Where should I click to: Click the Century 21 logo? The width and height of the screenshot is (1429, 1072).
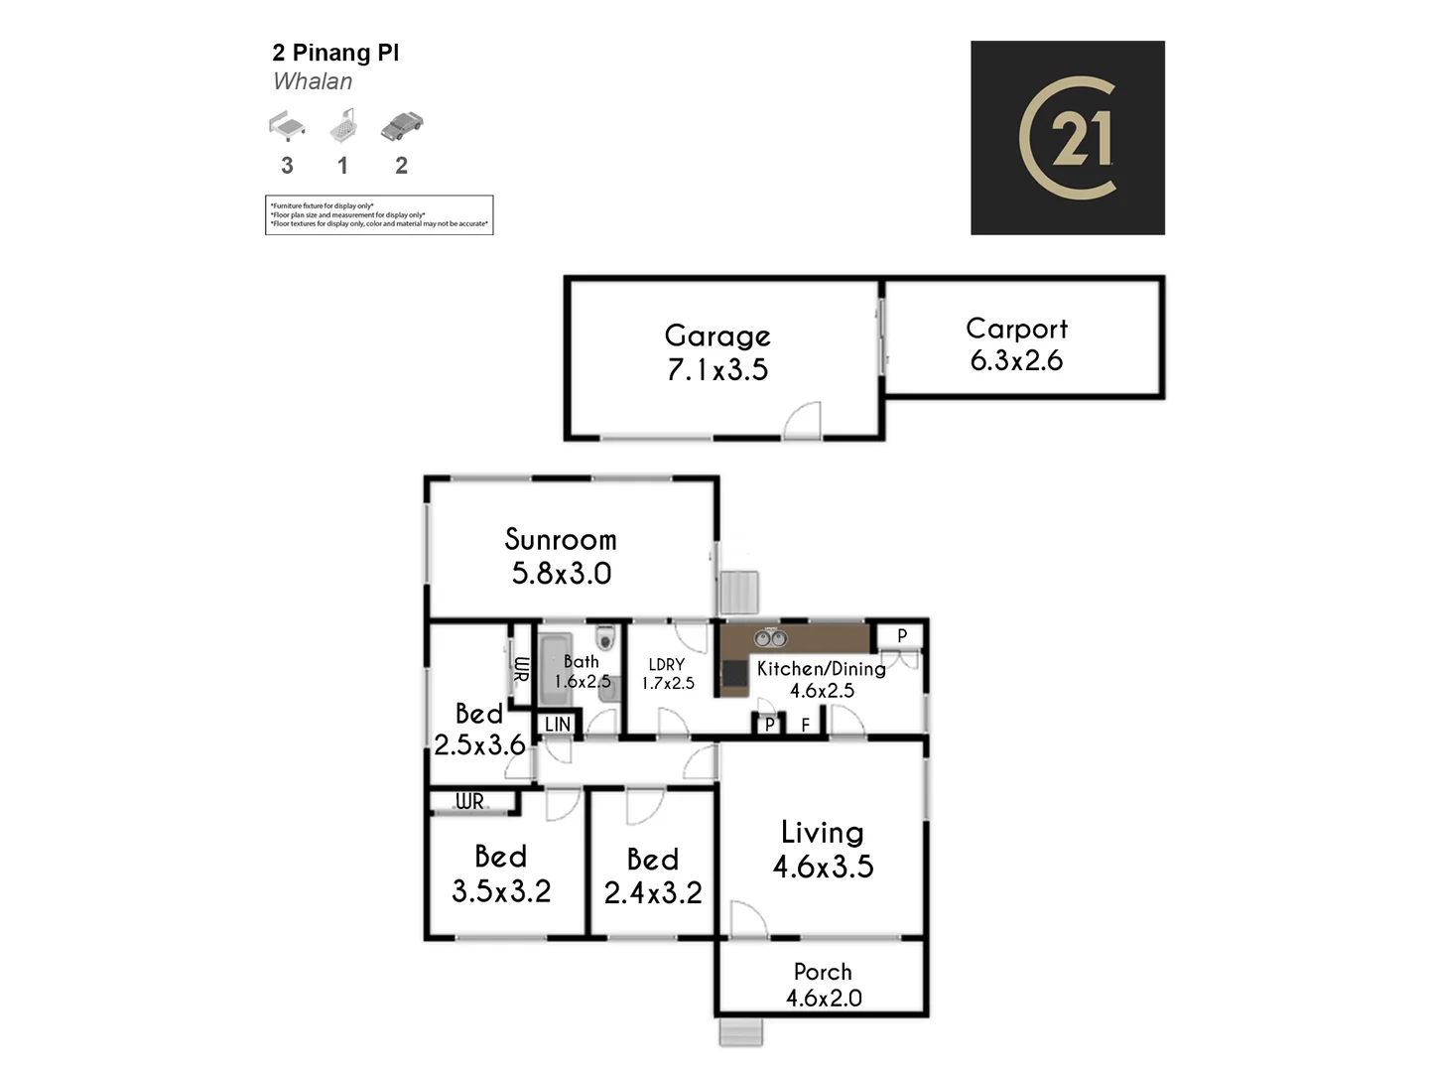point(1067,138)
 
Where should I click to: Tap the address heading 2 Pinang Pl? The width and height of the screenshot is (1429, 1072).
point(335,54)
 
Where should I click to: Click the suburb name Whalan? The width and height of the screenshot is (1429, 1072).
point(313,82)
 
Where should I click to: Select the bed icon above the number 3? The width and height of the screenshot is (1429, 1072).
point(287,127)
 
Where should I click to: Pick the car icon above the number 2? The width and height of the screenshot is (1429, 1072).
point(401,126)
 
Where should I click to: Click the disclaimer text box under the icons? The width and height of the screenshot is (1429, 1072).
point(379,214)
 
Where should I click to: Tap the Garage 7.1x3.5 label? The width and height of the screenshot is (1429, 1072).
point(717,353)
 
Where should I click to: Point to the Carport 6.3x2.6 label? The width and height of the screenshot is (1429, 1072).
point(1016,344)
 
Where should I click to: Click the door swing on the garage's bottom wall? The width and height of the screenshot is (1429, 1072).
point(803,422)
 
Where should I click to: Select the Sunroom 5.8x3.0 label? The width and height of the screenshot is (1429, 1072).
point(561,556)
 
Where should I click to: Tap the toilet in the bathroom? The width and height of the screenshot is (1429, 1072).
point(604,636)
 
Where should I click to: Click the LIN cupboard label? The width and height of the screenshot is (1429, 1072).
point(558,725)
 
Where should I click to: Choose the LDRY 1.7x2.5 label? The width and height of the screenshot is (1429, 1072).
point(667,674)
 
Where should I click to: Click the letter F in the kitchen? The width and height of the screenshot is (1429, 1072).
point(805,726)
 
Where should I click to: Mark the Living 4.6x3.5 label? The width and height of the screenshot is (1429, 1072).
point(823,850)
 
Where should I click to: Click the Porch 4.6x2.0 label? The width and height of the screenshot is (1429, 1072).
point(823,985)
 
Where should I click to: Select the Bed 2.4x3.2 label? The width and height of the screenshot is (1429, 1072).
point(652,876)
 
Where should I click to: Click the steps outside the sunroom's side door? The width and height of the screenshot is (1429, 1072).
point(739,593)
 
